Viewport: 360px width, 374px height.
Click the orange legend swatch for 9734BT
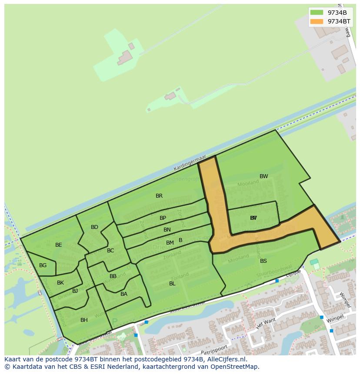click(x=317, y=21)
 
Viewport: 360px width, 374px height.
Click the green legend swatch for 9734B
click(x=317, y=12)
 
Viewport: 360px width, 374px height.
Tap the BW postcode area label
click(x=263, y=176)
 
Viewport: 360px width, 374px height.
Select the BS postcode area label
click(x=263, y=261)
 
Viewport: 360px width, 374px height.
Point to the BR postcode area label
click(x=159, y=196)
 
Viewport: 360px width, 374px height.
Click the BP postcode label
click(x=163, y=218)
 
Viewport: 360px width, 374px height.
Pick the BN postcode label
click(x=167, y=230)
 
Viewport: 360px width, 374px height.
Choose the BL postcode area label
click(x=172, y=284)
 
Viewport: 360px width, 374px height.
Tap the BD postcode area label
click(x=94, y=227)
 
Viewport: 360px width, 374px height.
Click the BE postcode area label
click(x=59, y=245)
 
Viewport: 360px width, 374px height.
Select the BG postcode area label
click(x=43, y=265)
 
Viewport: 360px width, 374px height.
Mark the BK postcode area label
click(x=60, y=283)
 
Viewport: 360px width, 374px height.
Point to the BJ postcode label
click(x=75, y=291)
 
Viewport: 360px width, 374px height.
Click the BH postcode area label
click(x=84, y=320)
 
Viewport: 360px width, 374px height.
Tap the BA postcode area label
click(x=124, y=294)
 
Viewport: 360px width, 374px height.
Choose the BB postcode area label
click(x=113, y=276)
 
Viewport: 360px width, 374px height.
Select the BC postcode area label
click(x=110, y=251)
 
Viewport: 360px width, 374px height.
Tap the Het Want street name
click(x=266, y=323)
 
